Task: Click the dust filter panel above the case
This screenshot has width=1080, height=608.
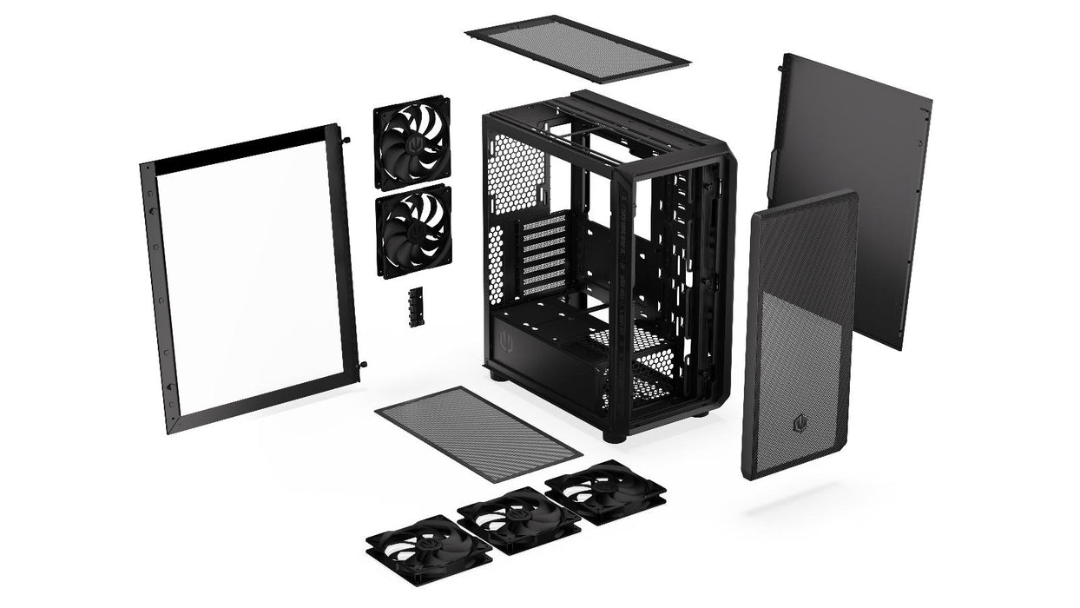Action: [x=576, y=48]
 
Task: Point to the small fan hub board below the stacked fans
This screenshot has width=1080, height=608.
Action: [x=414, y=307]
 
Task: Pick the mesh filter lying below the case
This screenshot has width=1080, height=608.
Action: [x=477, y=433]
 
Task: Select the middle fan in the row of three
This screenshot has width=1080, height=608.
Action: [x=518, y=519]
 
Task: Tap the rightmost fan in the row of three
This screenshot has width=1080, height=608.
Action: [x=605, y=490]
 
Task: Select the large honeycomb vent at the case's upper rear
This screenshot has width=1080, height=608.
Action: [x=516, y=174]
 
